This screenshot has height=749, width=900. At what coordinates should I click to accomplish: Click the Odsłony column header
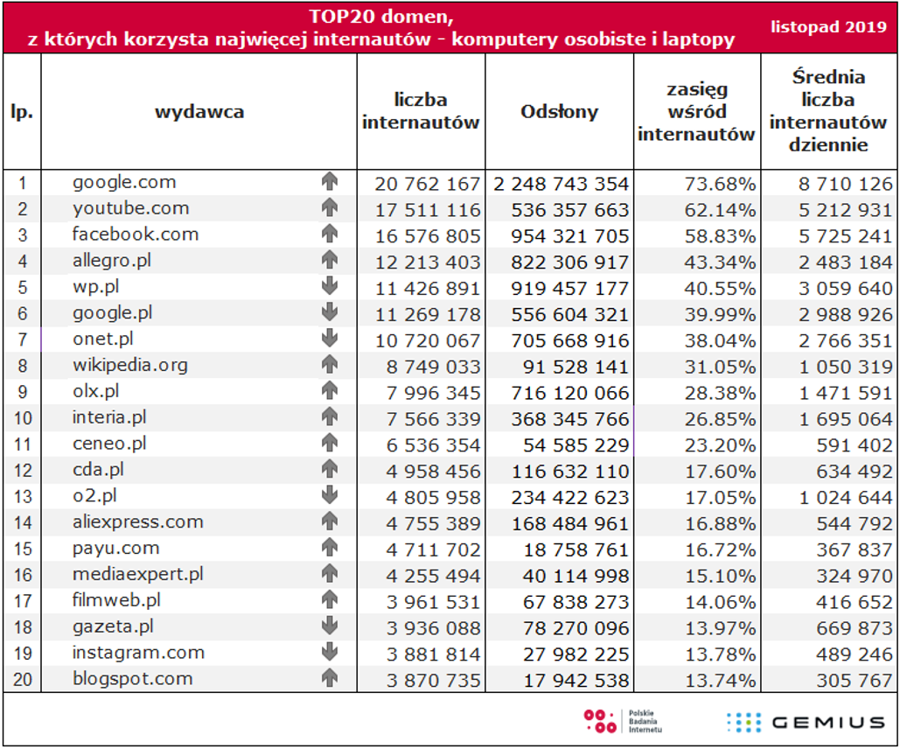[559, 111]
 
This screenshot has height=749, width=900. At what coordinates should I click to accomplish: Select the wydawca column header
[199, 111]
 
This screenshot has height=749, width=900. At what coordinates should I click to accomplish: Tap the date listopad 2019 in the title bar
[828, 27]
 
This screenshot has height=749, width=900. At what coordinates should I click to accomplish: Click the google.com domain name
[124, 183]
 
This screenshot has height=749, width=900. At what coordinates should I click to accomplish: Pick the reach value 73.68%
[720, 184]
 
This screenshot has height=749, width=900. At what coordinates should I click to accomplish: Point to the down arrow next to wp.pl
[330, 285]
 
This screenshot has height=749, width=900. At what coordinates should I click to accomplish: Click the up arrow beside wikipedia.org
[330, 364]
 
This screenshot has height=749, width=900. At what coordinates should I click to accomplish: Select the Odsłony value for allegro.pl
[570, 262]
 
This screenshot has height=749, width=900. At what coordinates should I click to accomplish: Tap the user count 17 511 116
[428, 210]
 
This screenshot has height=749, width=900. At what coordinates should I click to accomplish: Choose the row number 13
[23, 496]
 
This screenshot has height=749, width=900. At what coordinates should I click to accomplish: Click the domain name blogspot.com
[133, 680]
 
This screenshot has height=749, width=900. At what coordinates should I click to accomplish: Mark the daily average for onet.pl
[846, 340]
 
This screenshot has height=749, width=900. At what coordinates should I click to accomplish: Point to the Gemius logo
[806, 722]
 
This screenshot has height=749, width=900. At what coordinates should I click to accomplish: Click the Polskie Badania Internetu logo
[623, 721]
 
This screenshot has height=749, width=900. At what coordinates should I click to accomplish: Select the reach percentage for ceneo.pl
[720, 445]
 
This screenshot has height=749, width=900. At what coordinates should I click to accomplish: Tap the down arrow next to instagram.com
[330, 651]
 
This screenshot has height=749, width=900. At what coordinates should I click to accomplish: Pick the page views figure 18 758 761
[576, 549]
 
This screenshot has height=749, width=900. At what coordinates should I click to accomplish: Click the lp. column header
[22, 112]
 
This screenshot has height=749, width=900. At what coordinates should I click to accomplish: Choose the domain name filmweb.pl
[116, 601]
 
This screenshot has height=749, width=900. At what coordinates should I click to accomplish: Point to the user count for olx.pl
[433, 393]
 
